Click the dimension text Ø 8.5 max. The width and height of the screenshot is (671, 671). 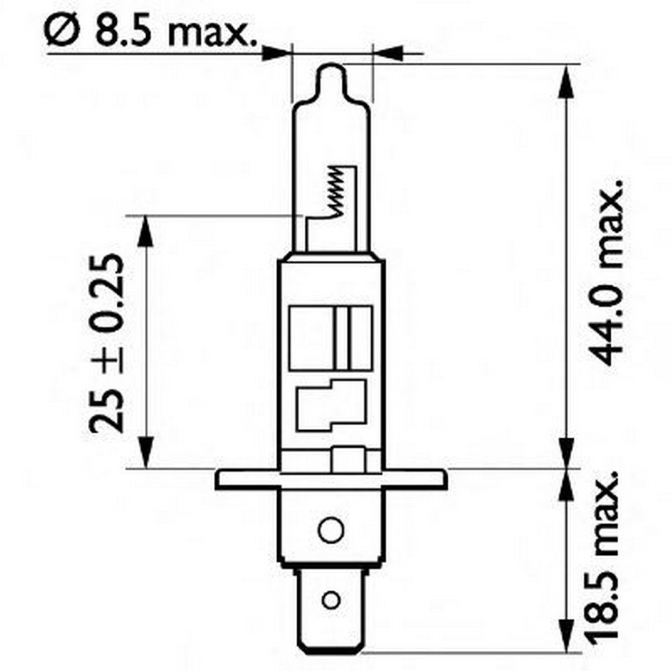152,31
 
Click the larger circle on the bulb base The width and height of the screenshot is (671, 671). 329,529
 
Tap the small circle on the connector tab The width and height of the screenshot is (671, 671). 329,599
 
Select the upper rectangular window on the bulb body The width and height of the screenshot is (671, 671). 331,337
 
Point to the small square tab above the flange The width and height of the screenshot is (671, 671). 349,461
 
